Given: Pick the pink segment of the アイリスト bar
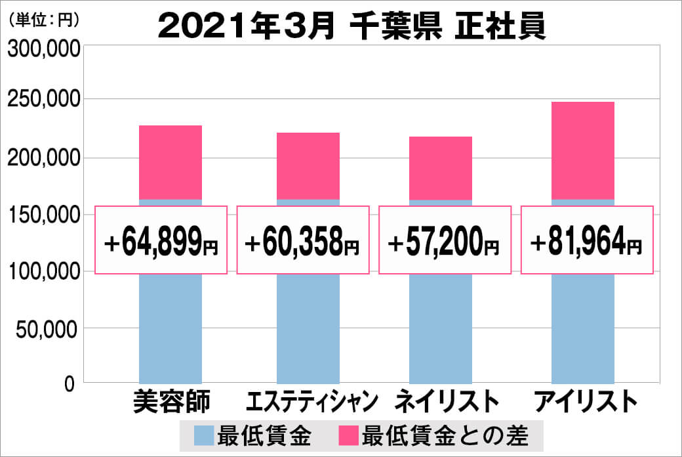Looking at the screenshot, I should tap(583, 150).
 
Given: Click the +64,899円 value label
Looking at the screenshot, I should tap(161, 240).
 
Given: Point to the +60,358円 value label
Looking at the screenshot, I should tap(302, 240).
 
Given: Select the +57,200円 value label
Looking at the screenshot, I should tap(445, 240).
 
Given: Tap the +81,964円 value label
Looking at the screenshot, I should tap(587, 240).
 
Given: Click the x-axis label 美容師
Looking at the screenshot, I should tap(170, 401).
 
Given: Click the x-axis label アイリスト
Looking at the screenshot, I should tap(586, 401).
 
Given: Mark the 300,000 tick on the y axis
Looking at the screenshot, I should tap(43, 49).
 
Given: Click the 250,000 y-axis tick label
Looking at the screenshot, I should tap(43, 100).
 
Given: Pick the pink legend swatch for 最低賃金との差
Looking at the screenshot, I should tap(348, 435).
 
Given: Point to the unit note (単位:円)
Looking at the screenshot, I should tap(43, 20).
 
